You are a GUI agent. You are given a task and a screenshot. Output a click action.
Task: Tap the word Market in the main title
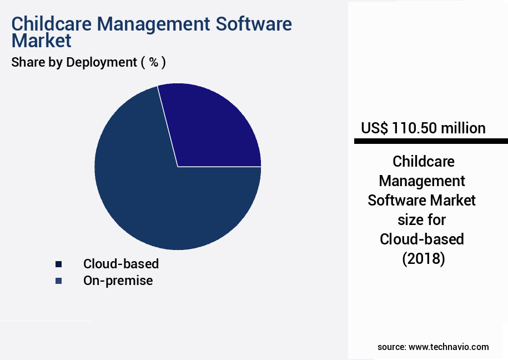(41, 41)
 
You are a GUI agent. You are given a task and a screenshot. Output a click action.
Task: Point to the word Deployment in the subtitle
(102, 62)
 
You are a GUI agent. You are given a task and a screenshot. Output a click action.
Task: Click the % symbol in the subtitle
(154, 62)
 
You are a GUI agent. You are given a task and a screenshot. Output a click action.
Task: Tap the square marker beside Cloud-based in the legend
(59, 264)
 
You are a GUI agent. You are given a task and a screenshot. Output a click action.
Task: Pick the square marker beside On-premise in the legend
(59, 281)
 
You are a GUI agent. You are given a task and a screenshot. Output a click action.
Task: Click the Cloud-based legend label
(121, 264)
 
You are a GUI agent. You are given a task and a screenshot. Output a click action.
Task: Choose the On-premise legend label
(118, 281)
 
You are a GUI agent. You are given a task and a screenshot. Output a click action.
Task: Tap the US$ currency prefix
(375, 128)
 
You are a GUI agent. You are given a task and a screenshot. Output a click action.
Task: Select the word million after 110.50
(463, 128)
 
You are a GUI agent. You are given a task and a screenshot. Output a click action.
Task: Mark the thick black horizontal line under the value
(431, 142)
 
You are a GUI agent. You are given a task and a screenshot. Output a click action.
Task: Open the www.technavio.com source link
(449, 347)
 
